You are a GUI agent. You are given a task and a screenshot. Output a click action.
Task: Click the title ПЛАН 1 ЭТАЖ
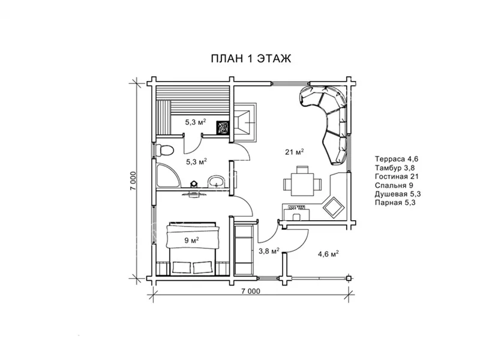point(251,58)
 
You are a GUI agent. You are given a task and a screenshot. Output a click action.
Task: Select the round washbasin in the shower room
point(216,181)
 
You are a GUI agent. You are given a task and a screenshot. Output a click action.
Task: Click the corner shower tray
point(168,176)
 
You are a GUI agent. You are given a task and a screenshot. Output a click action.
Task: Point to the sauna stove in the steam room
point(223,127)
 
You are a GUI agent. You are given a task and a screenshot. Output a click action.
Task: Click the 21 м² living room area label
point(294,152)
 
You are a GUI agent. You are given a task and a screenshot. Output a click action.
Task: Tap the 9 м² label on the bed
point(191,241)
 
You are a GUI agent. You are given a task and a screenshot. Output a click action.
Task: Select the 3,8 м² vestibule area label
point(269,251)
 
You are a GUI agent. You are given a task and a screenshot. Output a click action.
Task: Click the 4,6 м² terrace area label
point(328,253)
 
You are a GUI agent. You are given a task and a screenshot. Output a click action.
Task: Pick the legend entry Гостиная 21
point(397,176)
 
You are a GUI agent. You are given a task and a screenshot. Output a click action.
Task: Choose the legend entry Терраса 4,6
point(397,159)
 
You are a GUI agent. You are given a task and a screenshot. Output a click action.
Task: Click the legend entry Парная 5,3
point(395,203)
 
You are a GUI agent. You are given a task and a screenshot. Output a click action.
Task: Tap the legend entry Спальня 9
point(394,185)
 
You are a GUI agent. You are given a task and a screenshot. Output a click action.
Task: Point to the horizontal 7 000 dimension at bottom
point(251,291)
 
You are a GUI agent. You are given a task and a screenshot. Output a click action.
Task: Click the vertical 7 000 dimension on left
point(133,181)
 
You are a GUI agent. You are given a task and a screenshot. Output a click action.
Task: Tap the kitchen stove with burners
point(296,207)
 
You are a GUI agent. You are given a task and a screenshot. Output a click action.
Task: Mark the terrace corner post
point(349,278)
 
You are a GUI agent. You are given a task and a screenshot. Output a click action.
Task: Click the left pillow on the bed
point(182,267)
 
